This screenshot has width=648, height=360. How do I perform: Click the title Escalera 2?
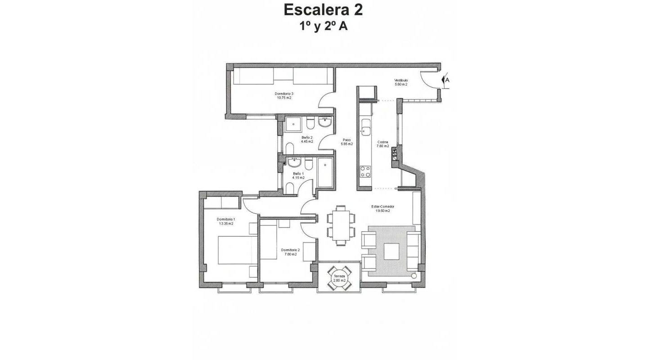pyautogui.click(x=324, y=9)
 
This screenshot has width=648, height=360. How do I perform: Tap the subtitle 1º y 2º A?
pyautogui.click(x=324, y=26)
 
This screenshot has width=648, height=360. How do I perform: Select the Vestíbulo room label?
pyautogui.click(x=401, y=82)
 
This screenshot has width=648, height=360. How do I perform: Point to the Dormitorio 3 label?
pyautogui.click(x=284, y=96)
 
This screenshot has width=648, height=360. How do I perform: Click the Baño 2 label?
pyautogui.click(x=307, y=139)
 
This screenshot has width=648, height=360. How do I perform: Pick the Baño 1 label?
pyautogui.click(x=298, y=175)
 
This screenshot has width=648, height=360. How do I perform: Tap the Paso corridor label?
pyautogui.click(x=346, y=142)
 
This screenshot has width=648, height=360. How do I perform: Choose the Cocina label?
pyautogui.click(x=382, y=144)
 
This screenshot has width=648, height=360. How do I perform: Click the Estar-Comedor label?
pyautogui.click(x=382, y=208)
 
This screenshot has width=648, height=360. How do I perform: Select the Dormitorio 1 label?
pyautogui.click(x=226, y=221)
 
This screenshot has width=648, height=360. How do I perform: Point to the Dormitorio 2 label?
pyautogui.click(x=290, y=252)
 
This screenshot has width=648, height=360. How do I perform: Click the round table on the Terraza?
pyautogui.click(x=339, y=278)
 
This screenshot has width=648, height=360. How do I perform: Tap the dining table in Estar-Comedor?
pyautogui.click(x=341, y=225)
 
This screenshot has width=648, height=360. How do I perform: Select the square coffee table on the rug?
pyautogui.click(x=391, y=251)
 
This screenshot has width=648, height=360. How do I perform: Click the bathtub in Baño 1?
pyautogui.click(x=324, y=172)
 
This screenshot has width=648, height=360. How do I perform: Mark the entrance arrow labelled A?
pyautogui.click(x=446, y=81)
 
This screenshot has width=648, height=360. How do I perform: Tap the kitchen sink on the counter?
pyautogui.click(x=365, y=131)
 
